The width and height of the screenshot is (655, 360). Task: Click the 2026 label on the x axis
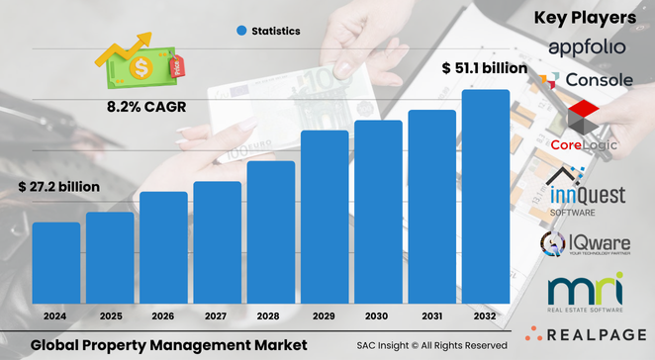click(163, 317)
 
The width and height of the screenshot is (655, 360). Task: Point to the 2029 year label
click(325, 317)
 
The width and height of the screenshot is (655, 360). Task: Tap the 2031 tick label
click(432, 317)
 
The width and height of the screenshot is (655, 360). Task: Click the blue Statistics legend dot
click(240, 32)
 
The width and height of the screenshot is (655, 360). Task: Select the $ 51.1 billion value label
click(482, 69)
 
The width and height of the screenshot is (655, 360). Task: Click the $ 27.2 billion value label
click(58, 186)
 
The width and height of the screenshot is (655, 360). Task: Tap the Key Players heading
click(585, 17)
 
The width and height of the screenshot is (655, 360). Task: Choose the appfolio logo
click(586, 48)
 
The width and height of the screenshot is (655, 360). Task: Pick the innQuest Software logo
click(586, 190)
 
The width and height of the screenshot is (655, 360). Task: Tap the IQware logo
click(586, 243)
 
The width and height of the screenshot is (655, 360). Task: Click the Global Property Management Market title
click(168, 344)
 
